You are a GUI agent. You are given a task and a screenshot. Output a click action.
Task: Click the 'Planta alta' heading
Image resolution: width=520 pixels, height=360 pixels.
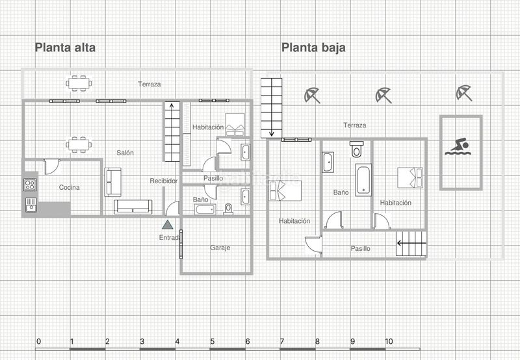65,47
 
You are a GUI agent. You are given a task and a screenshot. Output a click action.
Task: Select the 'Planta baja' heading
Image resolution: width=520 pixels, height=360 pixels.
313,47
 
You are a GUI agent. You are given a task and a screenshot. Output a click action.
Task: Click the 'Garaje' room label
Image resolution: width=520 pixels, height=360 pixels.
220,248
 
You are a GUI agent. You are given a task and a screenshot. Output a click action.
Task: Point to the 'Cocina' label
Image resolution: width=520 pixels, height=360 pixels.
70,187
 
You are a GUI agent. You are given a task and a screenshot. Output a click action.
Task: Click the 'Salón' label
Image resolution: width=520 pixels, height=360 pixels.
125,153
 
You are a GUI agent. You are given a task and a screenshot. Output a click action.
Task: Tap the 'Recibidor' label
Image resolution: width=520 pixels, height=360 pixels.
164,181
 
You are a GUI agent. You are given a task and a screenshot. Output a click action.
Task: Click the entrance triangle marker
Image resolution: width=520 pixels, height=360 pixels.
168,225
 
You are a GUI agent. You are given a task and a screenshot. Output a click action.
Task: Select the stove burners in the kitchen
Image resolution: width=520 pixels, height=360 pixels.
30,185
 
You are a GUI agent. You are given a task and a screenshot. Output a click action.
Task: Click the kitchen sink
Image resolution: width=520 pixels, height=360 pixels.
31,205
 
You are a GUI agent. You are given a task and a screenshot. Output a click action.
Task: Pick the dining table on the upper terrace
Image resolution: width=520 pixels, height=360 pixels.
79,83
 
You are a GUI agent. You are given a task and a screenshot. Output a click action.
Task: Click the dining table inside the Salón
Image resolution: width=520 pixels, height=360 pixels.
79,144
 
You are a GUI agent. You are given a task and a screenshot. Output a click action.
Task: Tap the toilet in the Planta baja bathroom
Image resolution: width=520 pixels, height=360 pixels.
356,149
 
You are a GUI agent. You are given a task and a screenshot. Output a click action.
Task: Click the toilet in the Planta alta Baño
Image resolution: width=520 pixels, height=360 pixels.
228,209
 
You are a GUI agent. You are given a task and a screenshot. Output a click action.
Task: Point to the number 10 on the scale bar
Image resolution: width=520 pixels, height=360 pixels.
389,341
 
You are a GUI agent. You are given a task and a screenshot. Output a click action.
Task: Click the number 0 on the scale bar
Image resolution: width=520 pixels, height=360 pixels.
39,341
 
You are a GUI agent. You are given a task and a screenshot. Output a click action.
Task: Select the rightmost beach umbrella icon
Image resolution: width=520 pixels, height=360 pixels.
463,93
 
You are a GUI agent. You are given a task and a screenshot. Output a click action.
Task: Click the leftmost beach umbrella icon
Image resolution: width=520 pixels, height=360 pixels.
312,95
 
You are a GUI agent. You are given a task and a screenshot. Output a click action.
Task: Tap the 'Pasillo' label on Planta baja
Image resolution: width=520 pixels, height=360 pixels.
361,248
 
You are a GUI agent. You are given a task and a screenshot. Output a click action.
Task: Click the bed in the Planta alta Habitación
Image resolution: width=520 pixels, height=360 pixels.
235,125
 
